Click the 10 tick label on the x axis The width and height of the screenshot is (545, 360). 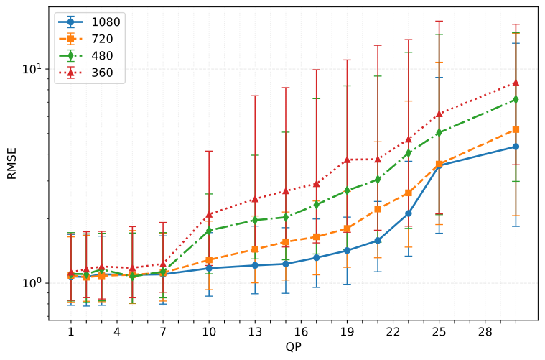(x=209, y=333)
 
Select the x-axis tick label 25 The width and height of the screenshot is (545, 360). (x=439, y=333)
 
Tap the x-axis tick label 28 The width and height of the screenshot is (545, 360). (x=485, y=333)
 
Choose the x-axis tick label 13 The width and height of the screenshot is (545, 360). (x=255, y=333)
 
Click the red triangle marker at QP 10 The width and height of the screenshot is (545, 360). (x=209, y=214)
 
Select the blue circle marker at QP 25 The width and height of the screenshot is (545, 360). (x=439, y=165)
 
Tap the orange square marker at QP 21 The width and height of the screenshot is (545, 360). (x=378, y=208)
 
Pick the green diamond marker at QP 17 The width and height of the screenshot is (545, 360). (x=316, y=205)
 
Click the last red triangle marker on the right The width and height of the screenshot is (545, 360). (x=516, y=83)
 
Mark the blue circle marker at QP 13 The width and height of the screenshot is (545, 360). (x=255, y=265)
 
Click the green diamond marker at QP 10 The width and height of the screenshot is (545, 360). (x=209, y=231)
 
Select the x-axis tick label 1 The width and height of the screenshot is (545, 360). (x=71, y=333)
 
